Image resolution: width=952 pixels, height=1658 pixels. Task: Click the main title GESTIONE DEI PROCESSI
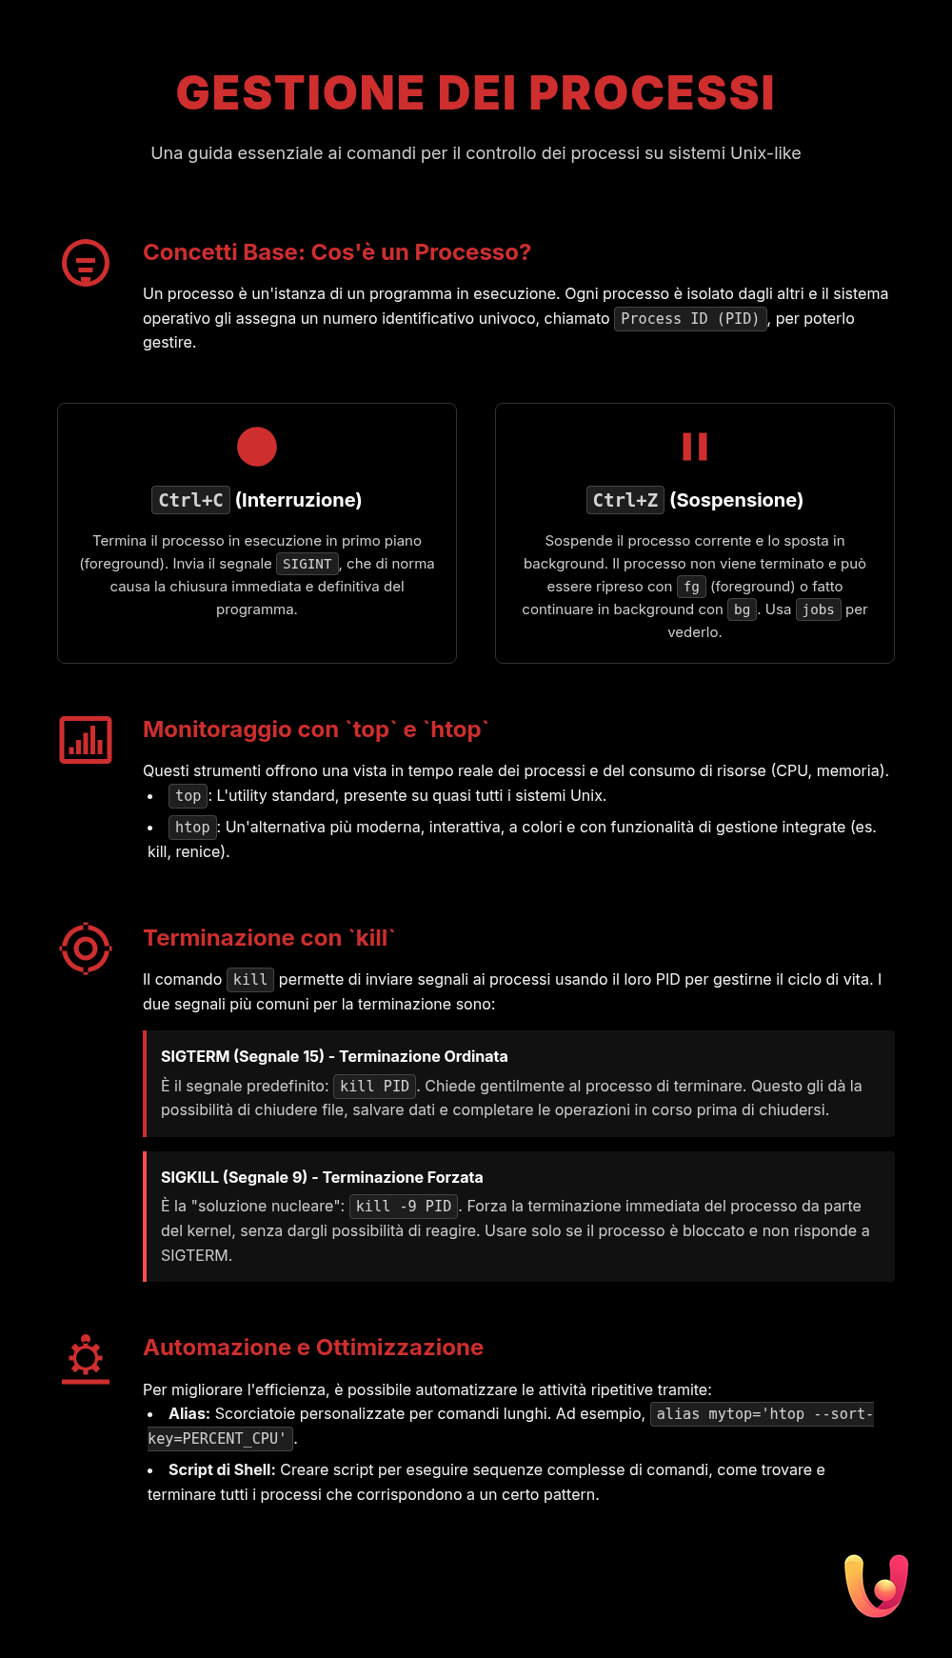[x=475, y=93]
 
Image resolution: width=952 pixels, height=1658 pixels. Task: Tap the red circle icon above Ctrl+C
[x=257, y=447]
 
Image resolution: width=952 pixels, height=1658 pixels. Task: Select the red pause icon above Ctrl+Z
[x=695, y=447]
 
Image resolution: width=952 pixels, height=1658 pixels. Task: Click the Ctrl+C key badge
[x=190, y=500]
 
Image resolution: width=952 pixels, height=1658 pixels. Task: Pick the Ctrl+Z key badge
[x=625, y=500]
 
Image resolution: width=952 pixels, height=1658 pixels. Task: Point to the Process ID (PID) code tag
[x=690, y=319]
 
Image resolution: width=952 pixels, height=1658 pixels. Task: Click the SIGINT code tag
[x=307, y=564]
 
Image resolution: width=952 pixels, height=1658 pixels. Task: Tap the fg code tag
[x=691, y=587]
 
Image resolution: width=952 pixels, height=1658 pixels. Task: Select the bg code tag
[x=742, y=609]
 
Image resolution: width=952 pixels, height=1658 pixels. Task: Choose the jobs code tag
[x=818, y=609]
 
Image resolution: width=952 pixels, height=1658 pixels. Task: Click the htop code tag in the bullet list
[x=192, y=828]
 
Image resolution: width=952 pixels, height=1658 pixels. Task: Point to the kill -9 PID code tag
[x=404, y=1207]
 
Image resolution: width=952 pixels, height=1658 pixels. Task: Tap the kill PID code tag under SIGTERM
[x=374, y=1087]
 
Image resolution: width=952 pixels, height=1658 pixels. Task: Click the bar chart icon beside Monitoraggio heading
[x=86, y=740]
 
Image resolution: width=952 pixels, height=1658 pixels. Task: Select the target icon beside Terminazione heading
[x=86, y=949]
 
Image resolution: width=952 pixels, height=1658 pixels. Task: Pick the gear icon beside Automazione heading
[x=86, y=1358]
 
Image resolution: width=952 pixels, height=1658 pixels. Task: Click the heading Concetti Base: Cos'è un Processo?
[x=337, y=252]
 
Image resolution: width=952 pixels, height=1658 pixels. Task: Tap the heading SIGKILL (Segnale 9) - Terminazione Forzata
[x=322, y=1177]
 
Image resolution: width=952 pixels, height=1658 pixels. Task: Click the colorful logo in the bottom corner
[x=877, y=1586]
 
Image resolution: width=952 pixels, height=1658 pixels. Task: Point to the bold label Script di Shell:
[x=222, y=1469]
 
